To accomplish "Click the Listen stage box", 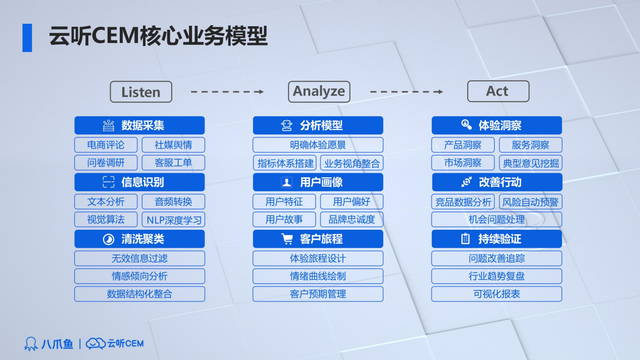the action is point(141,92).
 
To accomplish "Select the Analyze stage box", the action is point(319,92).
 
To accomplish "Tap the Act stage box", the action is point(498,91).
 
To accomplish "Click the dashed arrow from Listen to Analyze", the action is point(227,92).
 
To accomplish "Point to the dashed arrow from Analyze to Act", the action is point(406,92).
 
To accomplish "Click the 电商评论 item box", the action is point(106,145).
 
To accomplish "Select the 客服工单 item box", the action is point(173,163).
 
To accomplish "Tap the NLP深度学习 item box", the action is point(173,220).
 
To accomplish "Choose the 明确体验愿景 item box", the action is point(318,145).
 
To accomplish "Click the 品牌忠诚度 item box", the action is point(352,220).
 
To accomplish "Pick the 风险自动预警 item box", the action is point(530,202).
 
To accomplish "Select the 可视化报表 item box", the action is point(497,294).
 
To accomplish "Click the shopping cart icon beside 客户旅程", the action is point(287,239).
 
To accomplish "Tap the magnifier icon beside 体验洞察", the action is point(466,125).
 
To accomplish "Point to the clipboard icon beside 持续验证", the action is point(465,239).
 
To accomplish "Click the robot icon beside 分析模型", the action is point(286,125).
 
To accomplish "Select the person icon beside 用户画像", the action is point(286,182).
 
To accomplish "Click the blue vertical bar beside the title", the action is point(27,38).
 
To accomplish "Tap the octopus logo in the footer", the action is point(31,343).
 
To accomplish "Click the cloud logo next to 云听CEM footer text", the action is point(95,343).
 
